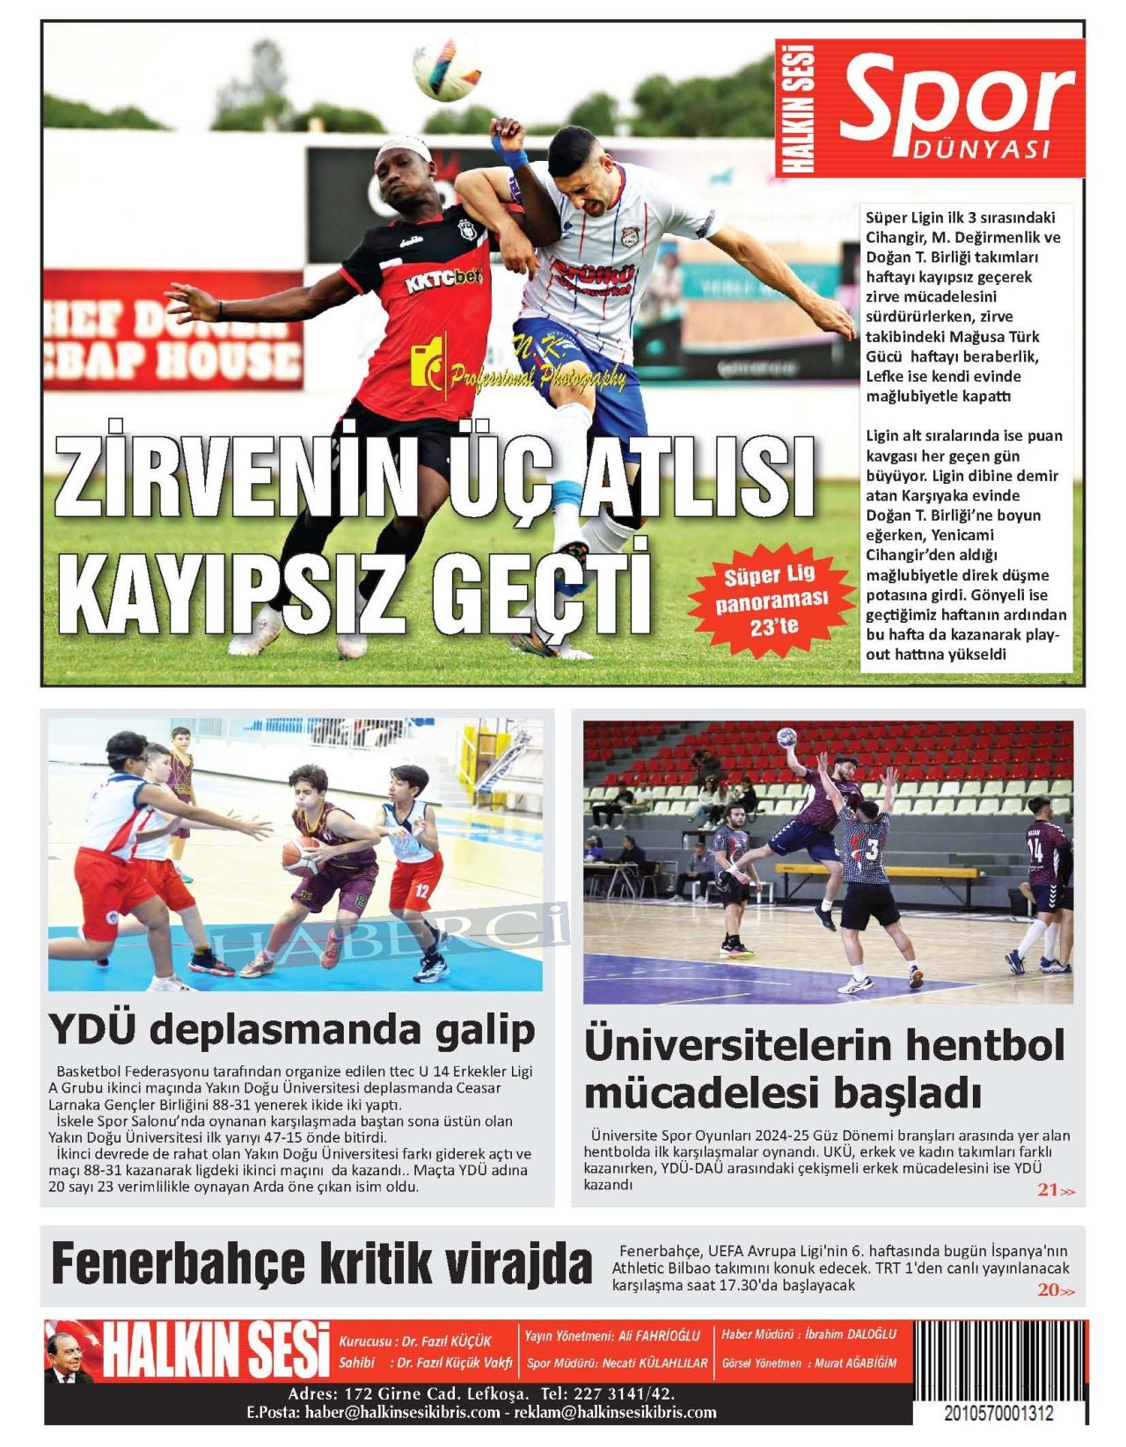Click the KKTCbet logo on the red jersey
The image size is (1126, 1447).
pyautogui.click(x=443, y=281)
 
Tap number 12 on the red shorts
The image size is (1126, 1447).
pyautogui.click(x=421, y=890)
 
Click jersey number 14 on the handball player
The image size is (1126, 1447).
pyautogui.click(x=1035, y=851)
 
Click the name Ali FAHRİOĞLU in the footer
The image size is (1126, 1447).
pyautogui.click(x=659, y=1335)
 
